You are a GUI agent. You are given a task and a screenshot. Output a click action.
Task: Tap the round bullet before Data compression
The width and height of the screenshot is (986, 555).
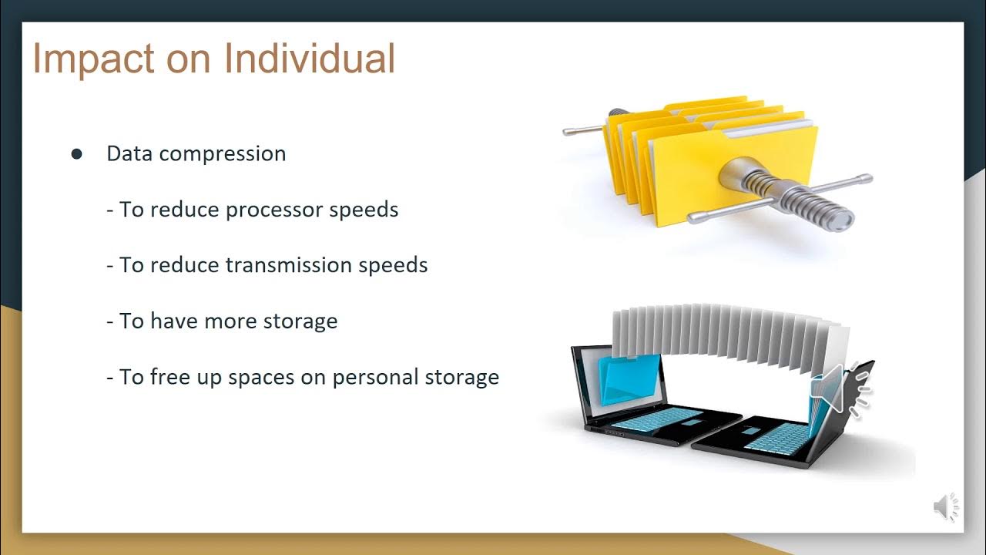[x=76, y=154]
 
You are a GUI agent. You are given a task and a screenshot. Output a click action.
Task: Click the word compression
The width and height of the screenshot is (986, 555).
[x=223, y=154]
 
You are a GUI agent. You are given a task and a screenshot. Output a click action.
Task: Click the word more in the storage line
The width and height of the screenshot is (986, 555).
[x=230, y=321]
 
